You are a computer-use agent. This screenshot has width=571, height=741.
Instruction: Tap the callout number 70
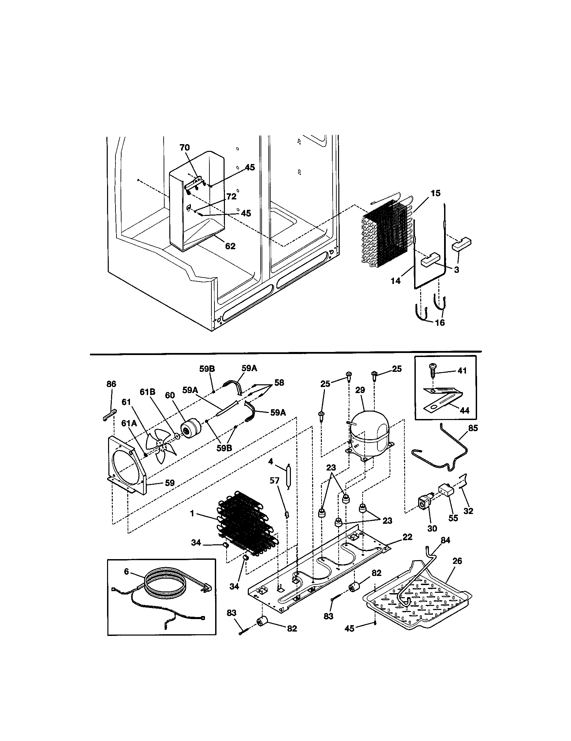[x=185, y=148]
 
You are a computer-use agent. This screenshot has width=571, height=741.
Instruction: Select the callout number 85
[x=473, y=428]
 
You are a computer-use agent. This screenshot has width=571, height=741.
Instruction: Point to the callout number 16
[x=440, y=322]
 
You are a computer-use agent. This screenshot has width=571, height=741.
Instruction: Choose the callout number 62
[x=230, y=246]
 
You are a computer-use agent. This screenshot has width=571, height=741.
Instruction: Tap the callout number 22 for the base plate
[x=407, y=537]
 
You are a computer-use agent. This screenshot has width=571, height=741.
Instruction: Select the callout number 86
[x=111, y=384]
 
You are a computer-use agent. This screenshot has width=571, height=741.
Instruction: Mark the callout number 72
[x=231, y=196]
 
